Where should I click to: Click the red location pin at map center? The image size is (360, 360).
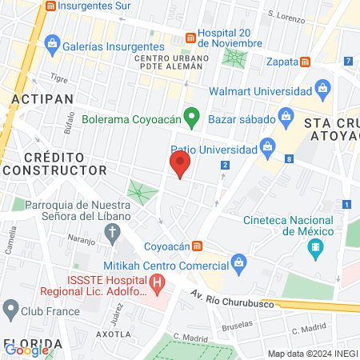[x=180, y=166]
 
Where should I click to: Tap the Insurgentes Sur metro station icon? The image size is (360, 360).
[x=52, y=6]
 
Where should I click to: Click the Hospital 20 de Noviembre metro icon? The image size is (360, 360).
[x=190, y=38]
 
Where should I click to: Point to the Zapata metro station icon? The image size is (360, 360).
[x=305, y=61]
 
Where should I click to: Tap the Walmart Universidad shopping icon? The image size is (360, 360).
[x=322, y=86]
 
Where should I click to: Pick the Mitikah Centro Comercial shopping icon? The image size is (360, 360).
[x=238, y=262]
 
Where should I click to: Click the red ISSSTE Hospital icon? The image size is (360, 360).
[x=158, y=282]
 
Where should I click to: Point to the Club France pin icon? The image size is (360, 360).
[x=10, y=308]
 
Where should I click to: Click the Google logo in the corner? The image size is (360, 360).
[x=26, y=350]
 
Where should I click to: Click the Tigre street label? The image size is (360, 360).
[x=59, y=78]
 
